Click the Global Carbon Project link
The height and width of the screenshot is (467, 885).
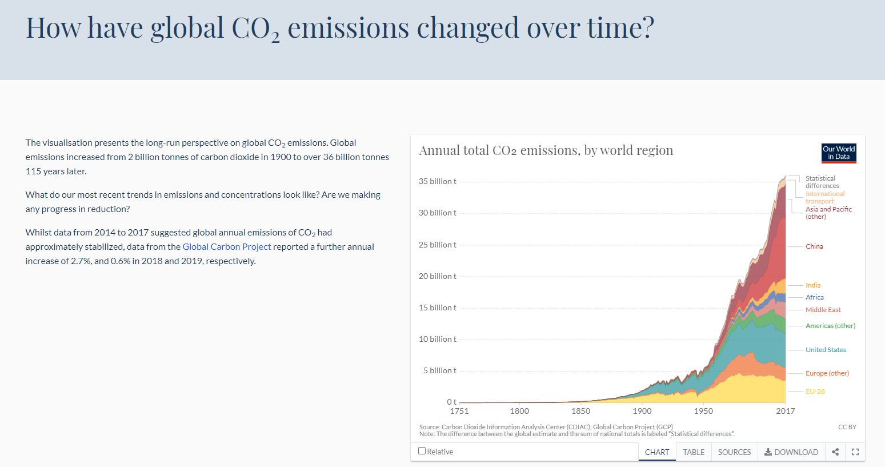point(227,247)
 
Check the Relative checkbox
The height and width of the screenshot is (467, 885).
point(422,451)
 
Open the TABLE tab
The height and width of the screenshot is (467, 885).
point(694,452)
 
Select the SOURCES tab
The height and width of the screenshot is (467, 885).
point(734,452)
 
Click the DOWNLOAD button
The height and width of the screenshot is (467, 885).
point(791,452)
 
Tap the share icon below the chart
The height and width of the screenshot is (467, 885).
point(835,452)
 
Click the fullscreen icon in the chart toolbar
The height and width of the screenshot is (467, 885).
point(855,452)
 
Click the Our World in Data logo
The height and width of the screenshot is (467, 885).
point(839,153)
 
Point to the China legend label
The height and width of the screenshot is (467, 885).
point(814,246)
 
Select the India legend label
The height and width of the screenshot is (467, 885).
point(813,285)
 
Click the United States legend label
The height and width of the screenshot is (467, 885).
point(826,350)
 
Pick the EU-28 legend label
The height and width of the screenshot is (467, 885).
point(815,392)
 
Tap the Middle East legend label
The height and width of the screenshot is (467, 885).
point(823,310)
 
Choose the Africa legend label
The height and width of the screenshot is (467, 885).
point(815,297)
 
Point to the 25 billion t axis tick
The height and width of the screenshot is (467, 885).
point(438,245)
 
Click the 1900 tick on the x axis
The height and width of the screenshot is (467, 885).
point(642,411)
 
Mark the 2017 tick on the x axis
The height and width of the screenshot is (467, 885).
point(786,411)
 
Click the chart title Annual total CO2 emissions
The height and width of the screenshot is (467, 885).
point(546,150)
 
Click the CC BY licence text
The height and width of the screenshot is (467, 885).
point(847,427)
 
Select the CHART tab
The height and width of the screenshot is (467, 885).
point(657,452)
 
